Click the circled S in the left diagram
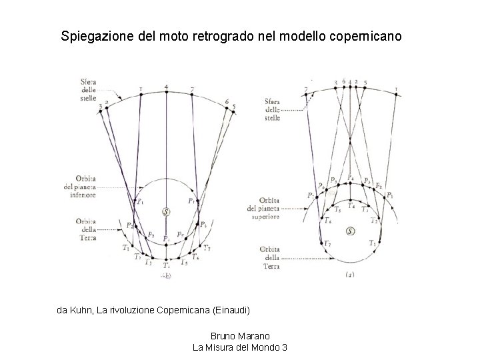click(166, 212)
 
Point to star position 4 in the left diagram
click(166, 87)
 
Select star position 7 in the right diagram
click(307, 89)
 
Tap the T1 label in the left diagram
click(125, 248)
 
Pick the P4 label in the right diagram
click(351, 177)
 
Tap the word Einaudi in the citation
click(233, 310)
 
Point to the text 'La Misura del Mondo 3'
click(240, 347)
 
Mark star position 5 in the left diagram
click(233, 107)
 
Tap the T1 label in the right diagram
click(373, 245)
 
